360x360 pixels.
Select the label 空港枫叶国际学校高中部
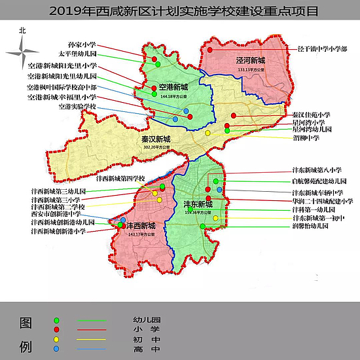(x=61, y=86)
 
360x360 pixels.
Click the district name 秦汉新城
(x=155, y=140)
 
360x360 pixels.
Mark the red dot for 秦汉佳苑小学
(x=234, y=117)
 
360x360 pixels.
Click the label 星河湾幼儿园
(x=312, y=130)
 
